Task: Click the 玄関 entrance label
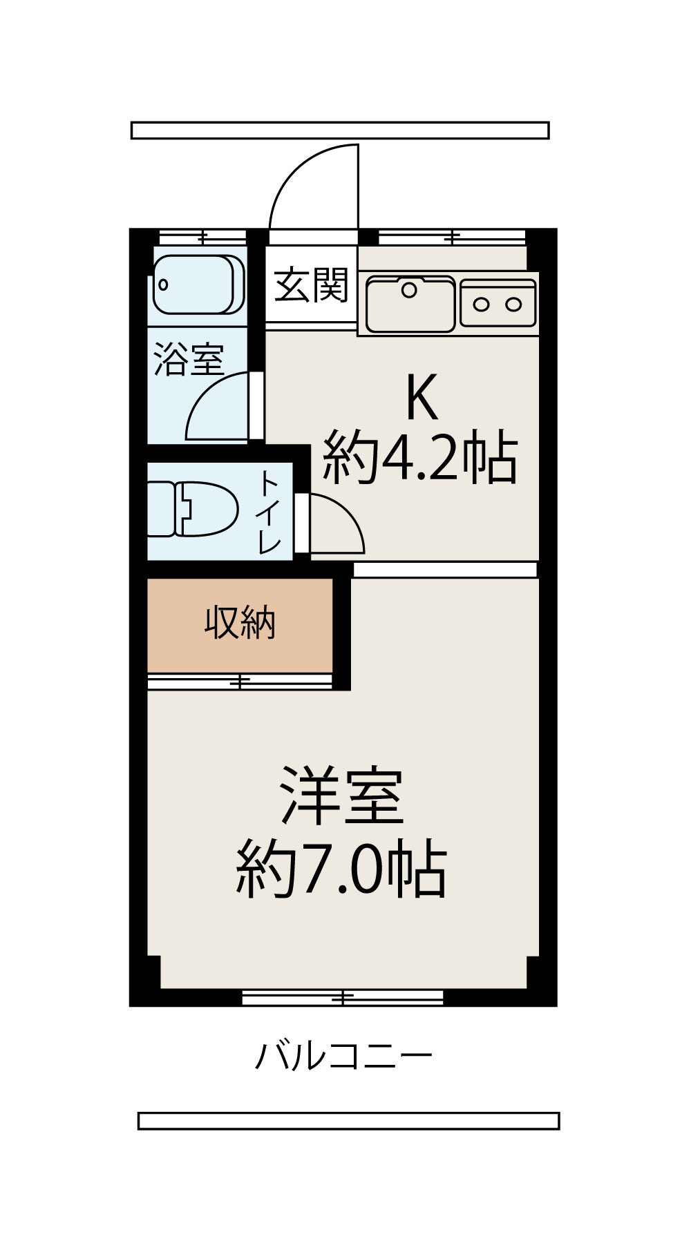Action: click(311, 285)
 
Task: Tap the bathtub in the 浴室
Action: click(198, 285)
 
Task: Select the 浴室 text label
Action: click(188, 359)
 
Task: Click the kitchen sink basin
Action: click(410, 304)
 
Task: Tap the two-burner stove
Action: click(498, 303)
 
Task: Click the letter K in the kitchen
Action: click(422, 398)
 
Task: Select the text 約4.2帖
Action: click(420, 458)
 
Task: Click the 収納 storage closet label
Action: click(240, 624)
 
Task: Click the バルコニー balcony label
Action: click(343, 1056)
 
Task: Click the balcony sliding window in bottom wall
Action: click(343, 996)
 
